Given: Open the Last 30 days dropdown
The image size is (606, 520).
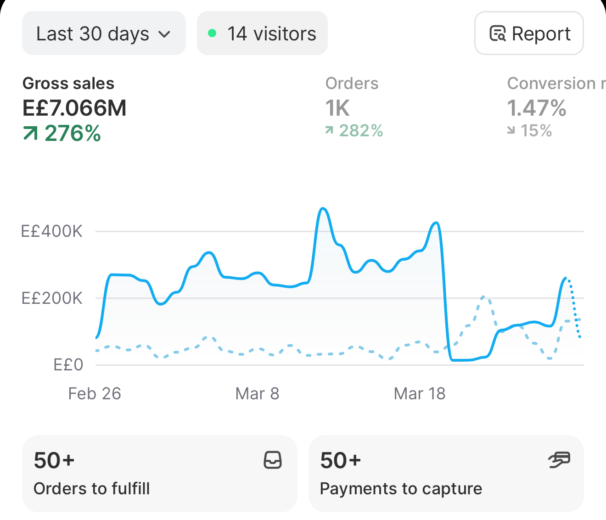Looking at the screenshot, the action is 104,33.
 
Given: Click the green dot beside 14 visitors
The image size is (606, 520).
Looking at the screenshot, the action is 212,33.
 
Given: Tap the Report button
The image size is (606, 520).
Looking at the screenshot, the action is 529,33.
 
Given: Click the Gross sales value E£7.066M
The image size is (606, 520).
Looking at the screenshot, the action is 74,108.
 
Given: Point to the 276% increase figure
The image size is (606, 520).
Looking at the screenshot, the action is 62,134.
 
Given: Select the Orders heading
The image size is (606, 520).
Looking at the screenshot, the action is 352,83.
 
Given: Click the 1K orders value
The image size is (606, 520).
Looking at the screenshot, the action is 337,108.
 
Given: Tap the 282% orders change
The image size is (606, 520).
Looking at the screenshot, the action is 354,130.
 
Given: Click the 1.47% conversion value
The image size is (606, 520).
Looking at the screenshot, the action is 537,108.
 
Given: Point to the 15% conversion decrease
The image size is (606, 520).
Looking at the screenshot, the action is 529,130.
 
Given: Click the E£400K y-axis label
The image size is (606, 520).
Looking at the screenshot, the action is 52,231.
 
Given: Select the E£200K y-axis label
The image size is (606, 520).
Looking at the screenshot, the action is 52,298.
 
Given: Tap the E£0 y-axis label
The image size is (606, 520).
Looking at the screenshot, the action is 68,365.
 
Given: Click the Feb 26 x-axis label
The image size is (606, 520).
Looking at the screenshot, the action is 95,393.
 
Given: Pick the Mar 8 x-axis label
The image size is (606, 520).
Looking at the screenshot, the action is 257,393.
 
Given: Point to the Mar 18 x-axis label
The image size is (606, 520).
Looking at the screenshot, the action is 420,393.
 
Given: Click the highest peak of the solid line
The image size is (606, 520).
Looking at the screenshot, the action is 323,208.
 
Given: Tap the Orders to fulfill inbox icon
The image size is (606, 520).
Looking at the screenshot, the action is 273,460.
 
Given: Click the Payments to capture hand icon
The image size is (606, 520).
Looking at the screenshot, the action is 559,459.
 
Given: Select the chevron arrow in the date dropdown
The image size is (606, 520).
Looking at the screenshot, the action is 164,34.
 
